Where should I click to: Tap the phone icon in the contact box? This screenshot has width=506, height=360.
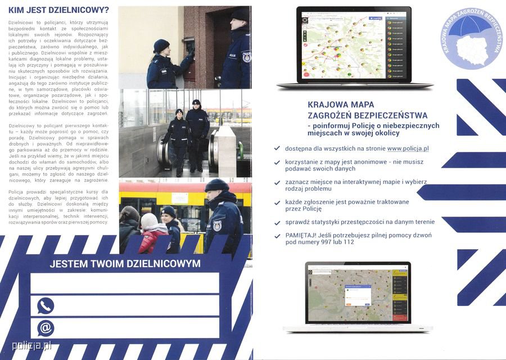click(x=46, y=306)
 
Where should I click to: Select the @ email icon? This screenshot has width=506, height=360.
click(x=46, y=328)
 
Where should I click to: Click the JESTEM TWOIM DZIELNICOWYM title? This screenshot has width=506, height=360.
click(x=125, y=264)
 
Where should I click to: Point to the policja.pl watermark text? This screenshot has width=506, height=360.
click(x=31, y=345)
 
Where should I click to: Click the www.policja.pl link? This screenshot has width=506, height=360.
click(x=408, y=148)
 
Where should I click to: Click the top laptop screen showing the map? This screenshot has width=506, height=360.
click(x=355, y=46)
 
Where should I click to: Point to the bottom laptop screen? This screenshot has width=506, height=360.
click(x=358, y=292)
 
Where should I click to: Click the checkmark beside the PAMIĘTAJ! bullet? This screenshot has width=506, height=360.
click(x=277, y=236)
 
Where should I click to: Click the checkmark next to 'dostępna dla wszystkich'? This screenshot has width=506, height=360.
click(x=277, y=148)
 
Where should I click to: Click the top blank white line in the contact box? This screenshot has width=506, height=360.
click(x=124, y=283)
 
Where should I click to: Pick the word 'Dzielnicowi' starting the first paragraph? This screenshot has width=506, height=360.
click(x=21, y=22)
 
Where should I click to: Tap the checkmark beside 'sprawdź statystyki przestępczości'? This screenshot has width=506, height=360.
click(x=277, y=222)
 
